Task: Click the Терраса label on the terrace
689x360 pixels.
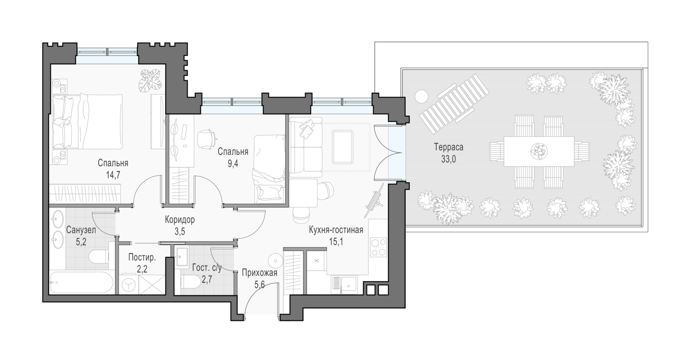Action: (448, 147)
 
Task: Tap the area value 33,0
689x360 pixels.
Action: (448, 159)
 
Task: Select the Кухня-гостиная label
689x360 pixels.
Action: (336, 230)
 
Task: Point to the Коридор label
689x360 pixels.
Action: (180, 219)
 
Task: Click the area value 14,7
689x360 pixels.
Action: (113, 175)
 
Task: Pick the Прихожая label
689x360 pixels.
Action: (260, 273)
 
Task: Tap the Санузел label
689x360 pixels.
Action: (81, 230)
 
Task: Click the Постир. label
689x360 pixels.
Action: (142, 257)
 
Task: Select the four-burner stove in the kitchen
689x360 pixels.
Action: (378, 247)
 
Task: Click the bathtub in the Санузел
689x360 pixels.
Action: (81, 282)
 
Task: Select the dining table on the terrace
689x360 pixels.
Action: (539, 152)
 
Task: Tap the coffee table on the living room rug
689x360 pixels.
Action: (342, 147)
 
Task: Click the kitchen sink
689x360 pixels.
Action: (344, 283)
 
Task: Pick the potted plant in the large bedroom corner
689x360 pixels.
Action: (150, 80)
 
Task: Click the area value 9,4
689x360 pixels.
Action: (233, 163)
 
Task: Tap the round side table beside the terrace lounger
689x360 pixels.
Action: (421, 97)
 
